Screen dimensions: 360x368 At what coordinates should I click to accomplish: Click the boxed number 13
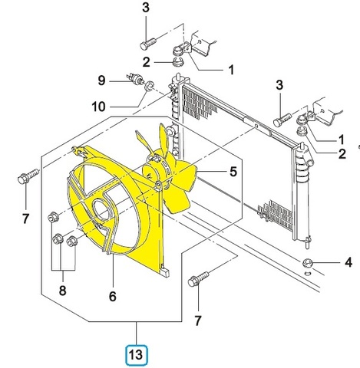pyautogui.click(x=137, y=355)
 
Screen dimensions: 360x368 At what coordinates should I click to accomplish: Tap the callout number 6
pyautogui.click(x=113, y=297)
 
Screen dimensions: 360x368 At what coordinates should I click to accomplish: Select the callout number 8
pyautogui.click(x=62, y=291)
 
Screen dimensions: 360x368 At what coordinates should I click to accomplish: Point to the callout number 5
pyautogui.click(x=233, y=171)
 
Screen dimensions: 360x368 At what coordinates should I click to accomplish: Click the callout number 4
pyautogui.click(x=348, y=262)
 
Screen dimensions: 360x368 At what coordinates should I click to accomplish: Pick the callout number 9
pyautogui.click(x=101, y=80)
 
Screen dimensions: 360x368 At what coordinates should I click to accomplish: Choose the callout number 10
pyautogui.click(x=99, y=106)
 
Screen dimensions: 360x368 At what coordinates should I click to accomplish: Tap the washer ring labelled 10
pyautogui.click(x=149, y=86)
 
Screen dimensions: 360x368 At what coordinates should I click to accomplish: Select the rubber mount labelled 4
pyautogui.click(x=307, y=262)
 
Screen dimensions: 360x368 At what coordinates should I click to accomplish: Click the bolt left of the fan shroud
pyautogui.click(x=28, y=176)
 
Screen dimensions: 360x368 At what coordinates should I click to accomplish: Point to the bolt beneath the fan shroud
pyautogui.click(x=198, y=279)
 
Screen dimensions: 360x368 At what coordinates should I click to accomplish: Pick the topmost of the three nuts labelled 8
pyautogui.click(x=53, y=218)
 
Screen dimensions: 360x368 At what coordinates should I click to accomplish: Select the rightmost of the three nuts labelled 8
pyautogui.click(x=72, y=241)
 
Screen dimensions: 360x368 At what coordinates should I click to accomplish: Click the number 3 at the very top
pyautogui.click(x=146, y=8)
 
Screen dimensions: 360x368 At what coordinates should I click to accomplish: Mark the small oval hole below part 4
pyautogui.click(x=308, y=274)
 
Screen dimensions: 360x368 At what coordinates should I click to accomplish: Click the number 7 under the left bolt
pyautogui.click(x=25, y=219)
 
